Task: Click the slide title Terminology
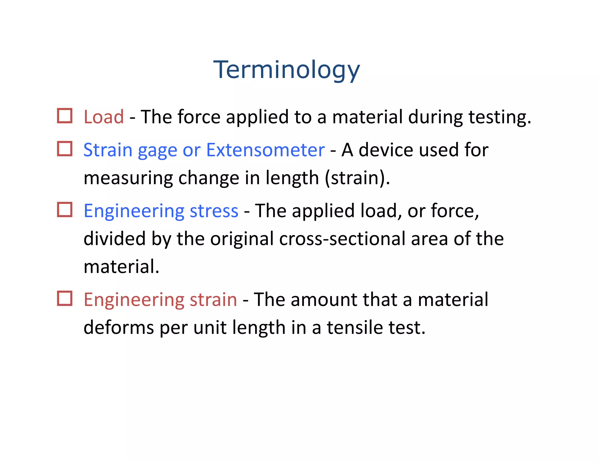(286, 70)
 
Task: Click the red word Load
(104, 117)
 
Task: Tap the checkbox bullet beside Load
(65, 116)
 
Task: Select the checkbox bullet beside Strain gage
(65, 149)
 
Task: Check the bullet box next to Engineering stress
(65, 210)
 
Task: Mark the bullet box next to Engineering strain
(65, 298)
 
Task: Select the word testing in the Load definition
(499, 117)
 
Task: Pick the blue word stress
(214, 211)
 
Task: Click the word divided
(114, 239)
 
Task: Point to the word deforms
(119, 328)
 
